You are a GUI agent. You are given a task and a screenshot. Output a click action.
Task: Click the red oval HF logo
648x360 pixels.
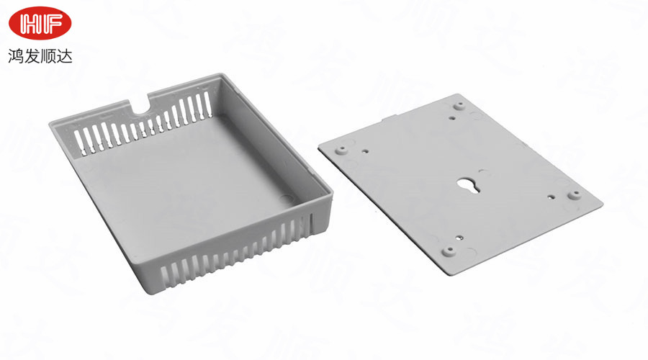click(40, 23)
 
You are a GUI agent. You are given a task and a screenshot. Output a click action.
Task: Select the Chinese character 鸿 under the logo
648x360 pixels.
click(16, 55)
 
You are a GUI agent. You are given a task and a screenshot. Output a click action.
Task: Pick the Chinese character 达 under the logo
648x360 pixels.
click(65, 55)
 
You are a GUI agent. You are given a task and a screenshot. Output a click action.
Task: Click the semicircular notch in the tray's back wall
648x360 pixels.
click(140, 106)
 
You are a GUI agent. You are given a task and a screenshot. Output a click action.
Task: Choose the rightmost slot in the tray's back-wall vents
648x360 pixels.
click(207, 104)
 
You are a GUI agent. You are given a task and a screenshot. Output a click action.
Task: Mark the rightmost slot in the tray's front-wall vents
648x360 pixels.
click(312, 223)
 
